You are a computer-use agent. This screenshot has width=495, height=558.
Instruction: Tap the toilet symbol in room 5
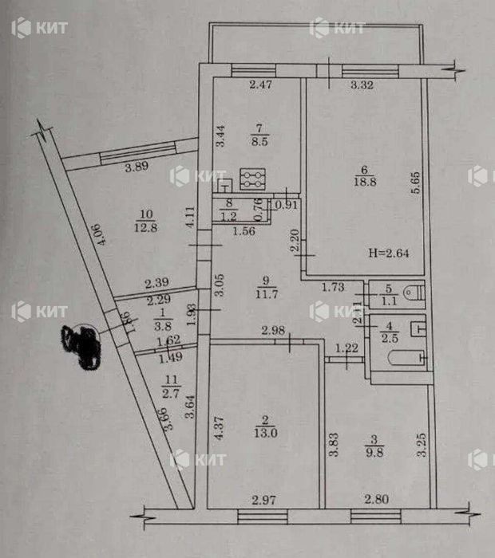[412, 294]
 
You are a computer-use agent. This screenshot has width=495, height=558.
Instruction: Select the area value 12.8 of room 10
[145, 227]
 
